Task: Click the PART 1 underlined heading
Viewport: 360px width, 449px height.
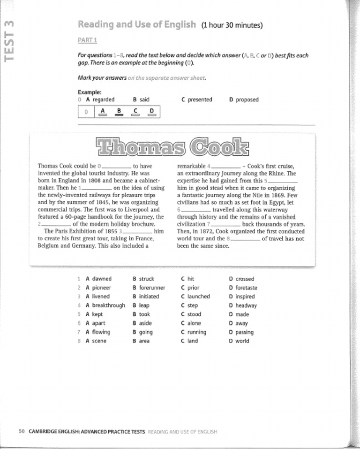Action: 87,40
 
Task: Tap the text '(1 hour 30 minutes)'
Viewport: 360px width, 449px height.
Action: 232,25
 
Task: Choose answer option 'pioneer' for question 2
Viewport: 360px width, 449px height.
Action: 102,288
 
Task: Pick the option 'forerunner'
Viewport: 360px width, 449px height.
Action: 152,288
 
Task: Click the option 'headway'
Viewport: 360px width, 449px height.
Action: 246,305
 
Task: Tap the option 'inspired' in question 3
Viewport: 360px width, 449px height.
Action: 245,297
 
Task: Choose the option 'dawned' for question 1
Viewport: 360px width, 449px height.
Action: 102,279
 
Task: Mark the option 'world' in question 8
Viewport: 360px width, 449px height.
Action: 242,341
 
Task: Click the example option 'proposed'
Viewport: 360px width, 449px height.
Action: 247,99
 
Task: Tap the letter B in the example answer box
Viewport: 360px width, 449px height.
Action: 119,112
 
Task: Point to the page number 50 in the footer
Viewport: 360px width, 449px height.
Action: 22,431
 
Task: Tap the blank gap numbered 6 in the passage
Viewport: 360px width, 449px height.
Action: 196,210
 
